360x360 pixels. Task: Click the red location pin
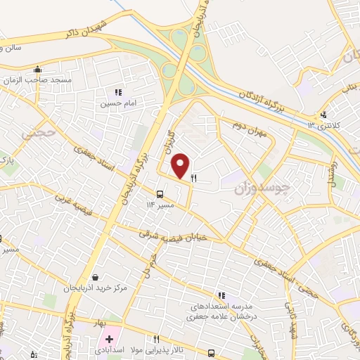coord(181,165)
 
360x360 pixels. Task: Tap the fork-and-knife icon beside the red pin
coord(193,179)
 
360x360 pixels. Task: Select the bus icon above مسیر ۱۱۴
coord(160,194)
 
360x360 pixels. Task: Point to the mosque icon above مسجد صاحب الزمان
coord(37,70)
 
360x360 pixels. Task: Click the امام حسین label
coord(115,103)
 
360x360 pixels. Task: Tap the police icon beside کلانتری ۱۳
coord(324,115)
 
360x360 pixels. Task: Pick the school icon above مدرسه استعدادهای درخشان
coord(221,296)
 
